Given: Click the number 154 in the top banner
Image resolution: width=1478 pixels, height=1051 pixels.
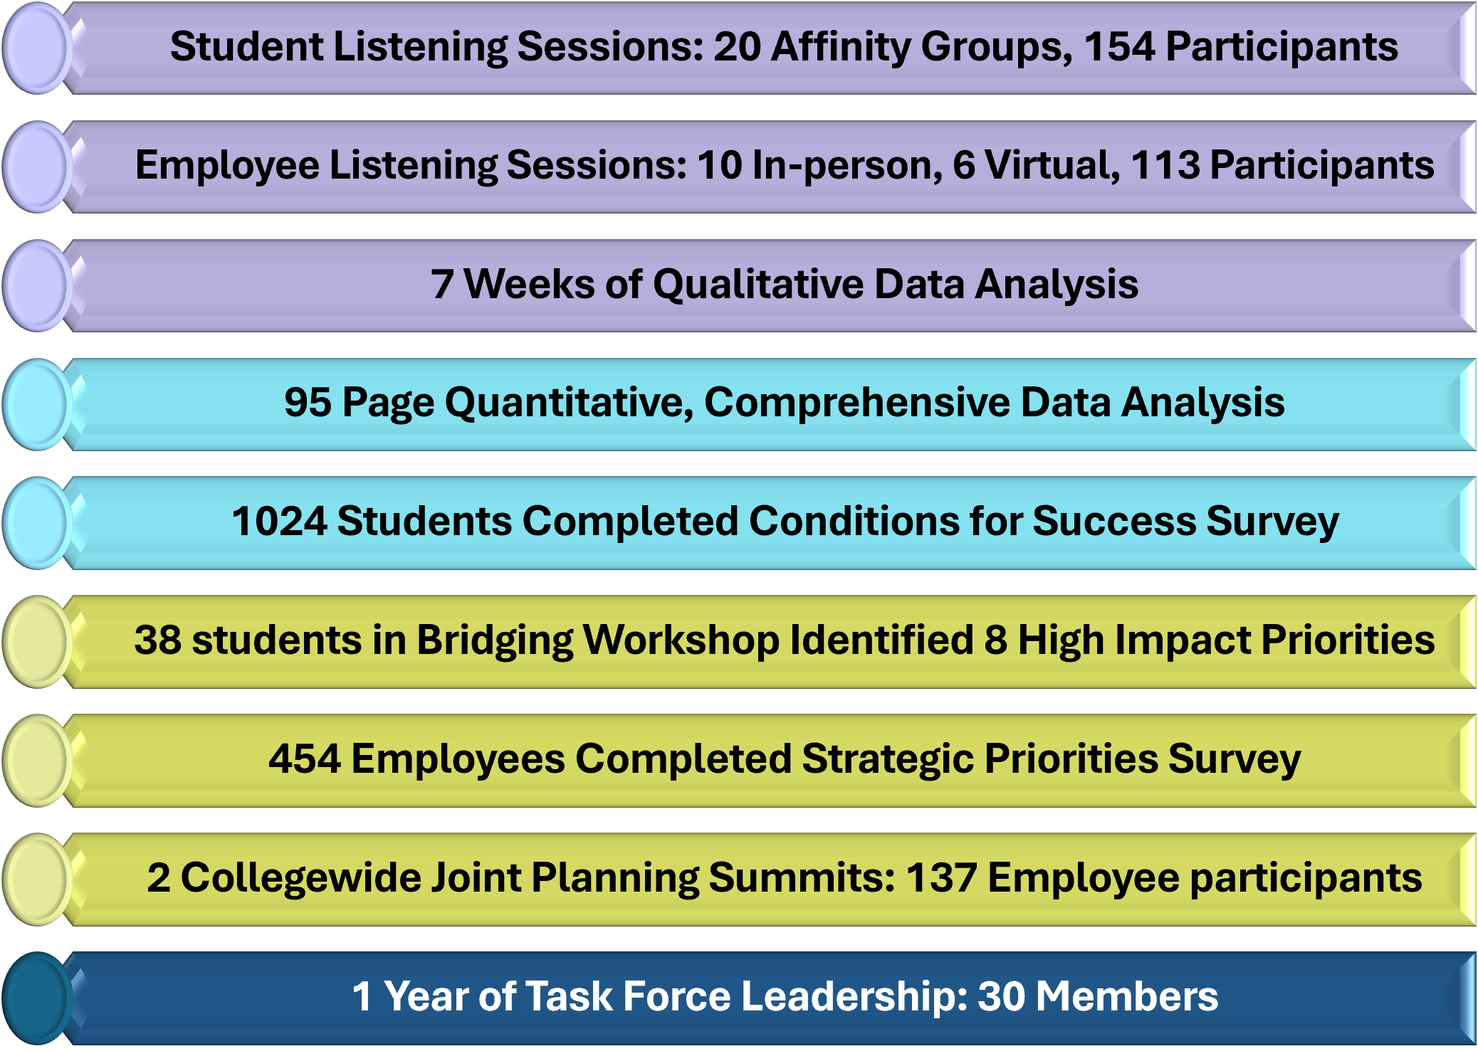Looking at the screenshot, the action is coord(1119,47).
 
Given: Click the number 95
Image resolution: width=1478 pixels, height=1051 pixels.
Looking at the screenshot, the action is coord(308,403).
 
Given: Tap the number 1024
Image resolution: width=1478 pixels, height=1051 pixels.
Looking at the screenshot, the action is coord(279,522).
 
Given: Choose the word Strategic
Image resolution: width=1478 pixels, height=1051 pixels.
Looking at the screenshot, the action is coord(888,760).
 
